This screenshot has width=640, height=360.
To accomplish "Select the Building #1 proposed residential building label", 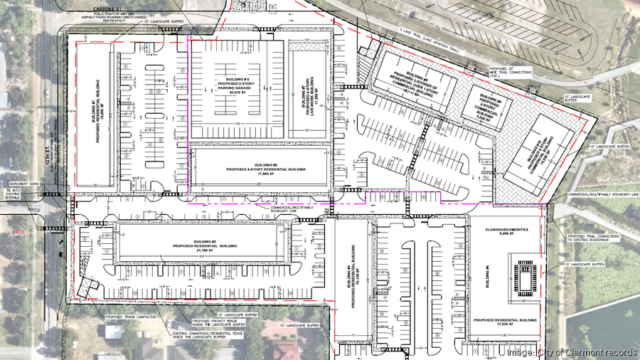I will [93, 114].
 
